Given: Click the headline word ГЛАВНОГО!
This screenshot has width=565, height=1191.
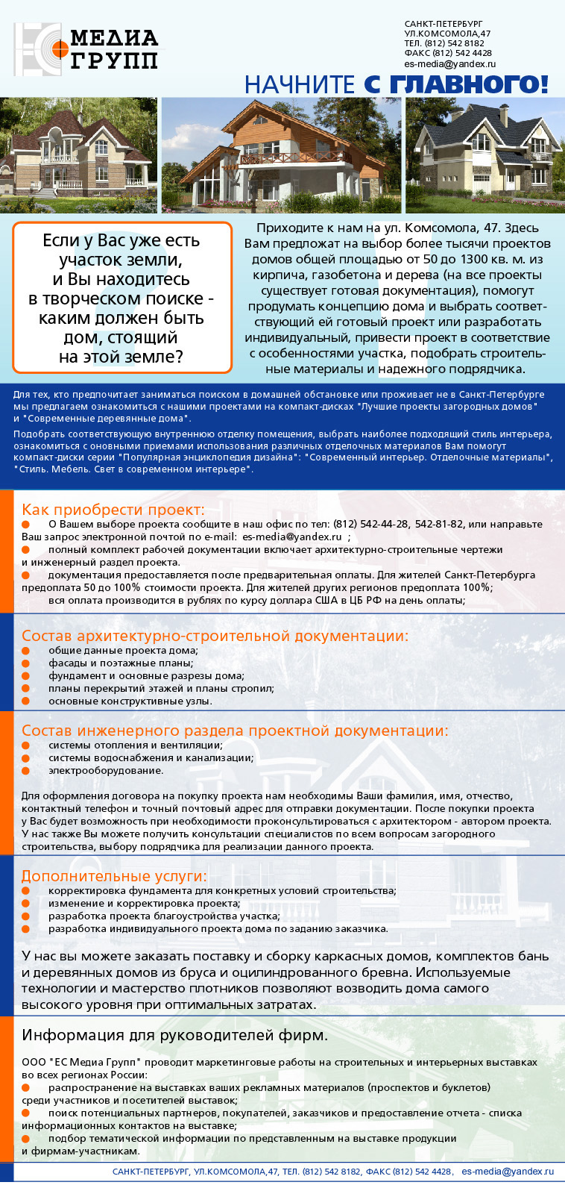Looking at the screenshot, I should coord(469,84).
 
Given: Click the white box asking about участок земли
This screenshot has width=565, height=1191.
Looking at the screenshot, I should coord(122,298).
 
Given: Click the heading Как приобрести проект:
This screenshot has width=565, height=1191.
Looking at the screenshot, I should coord(113,510).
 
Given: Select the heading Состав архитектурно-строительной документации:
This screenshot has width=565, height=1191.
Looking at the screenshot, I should coord(215,636).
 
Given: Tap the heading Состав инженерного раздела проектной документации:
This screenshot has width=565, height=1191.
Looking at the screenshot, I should coord(235,731).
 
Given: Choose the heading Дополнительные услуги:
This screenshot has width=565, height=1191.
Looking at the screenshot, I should coord(114,876).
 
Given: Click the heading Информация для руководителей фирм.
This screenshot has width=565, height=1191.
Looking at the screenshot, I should coord(174,1035).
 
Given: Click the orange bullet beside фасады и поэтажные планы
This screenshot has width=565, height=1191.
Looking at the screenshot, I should coord(26,663).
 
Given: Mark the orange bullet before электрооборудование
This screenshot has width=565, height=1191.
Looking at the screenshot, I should coord(26,771).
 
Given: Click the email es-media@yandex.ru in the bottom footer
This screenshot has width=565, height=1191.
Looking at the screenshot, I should coord(507,1172).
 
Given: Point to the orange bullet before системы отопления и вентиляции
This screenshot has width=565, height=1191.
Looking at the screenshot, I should coord(26,745).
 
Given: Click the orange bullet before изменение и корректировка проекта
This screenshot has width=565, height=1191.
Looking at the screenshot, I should coord(26,904).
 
